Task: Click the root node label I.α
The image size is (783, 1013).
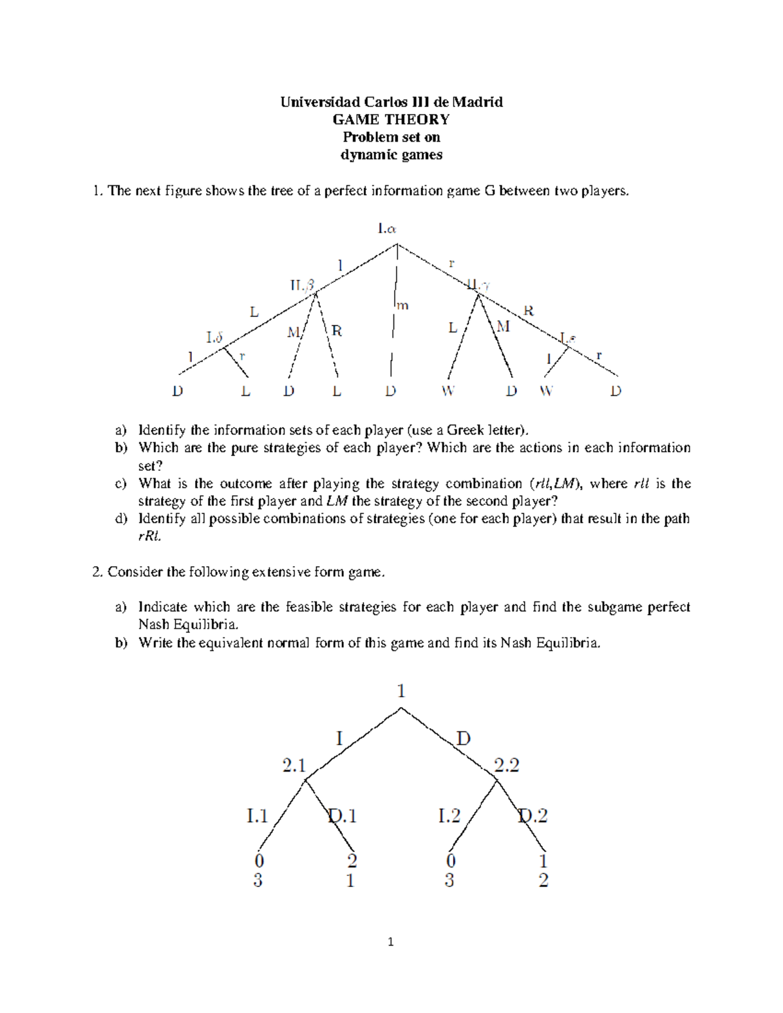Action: pyautogui.click(x=387, y=229)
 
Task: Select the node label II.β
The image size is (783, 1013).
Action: pyautogui.click(x=302, y=286)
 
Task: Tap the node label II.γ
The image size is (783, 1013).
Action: pyautogui.click(x=479, y=285)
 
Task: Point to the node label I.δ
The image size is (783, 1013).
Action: pyautogui.click(x=215, y=337)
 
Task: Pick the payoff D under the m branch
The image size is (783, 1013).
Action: pyautogui.click(x=390, y=391)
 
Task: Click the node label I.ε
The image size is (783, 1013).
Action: pyautogui.click(x=568, y=338)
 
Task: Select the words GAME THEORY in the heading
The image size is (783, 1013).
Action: pyautogui.click(x=391, y=119)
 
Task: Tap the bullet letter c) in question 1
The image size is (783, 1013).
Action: pyautogui.click(x=121, y=484)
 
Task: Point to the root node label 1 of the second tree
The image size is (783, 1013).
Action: pyautogui.click(x=401, y=691)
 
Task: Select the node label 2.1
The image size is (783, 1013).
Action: pyautogui.click(x=294, y=765)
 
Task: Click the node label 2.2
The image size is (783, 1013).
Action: pyautogui.click(x=506, y=765)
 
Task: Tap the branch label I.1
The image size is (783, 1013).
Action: pyautogui.click(x=257, y=816)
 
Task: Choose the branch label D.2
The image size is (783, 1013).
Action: pyautogui.click(x=533, y=816)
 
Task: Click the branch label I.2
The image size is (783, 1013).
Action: pyautogui.click(x=449, y=816)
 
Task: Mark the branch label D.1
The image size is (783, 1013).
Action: pyautogui.click(x=343, y=816)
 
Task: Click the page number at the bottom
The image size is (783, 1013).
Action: pyautogui.click(x=390, y=942)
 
